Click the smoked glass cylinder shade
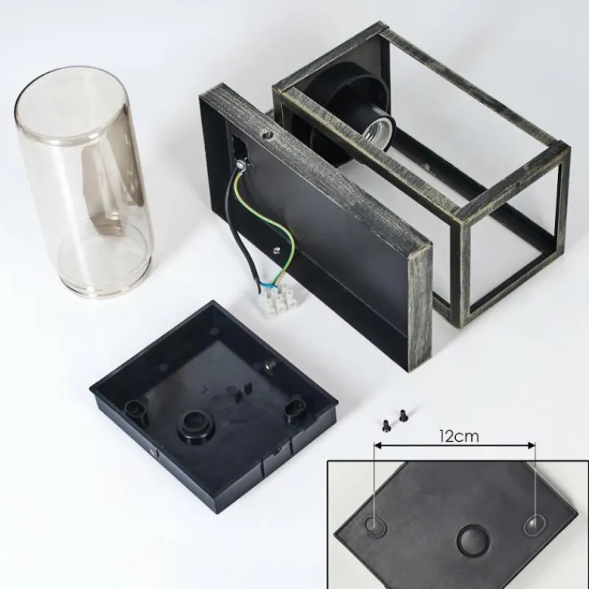click(83, 182)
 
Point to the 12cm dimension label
click(459, 437)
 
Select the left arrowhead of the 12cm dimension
click(378, 445)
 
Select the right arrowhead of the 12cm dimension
click(531, 445)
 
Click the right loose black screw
click(403, 415)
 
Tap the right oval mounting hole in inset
click(535, 524)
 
